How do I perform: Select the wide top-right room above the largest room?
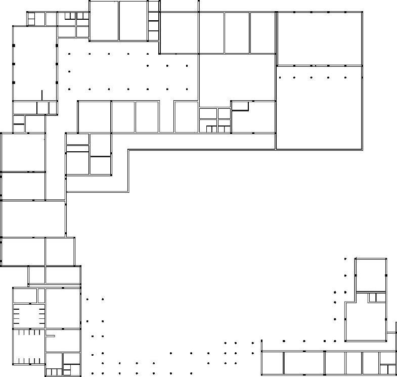pos(319,38)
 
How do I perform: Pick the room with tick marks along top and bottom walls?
pos(28,347)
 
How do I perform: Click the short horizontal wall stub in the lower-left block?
pos(50,336)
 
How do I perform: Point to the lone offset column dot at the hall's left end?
pos(69,71)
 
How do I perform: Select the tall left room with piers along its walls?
pos(34,63)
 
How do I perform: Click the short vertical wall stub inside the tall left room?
pos(42,95)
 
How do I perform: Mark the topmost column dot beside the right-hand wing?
pos(345,259)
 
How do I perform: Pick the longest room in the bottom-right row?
pos(303,363)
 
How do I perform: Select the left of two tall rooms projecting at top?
pos(104,21)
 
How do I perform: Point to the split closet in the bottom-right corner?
pos(387,369)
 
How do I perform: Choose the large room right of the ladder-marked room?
pos(63,308)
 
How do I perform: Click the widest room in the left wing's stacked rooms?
pos(33,219)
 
